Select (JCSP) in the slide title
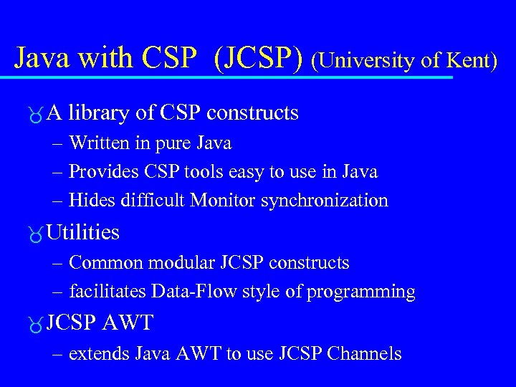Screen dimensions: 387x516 [x=259, y=58]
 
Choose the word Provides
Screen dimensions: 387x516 [x=102, y=172]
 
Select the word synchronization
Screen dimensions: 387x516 [x=325, y=201]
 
